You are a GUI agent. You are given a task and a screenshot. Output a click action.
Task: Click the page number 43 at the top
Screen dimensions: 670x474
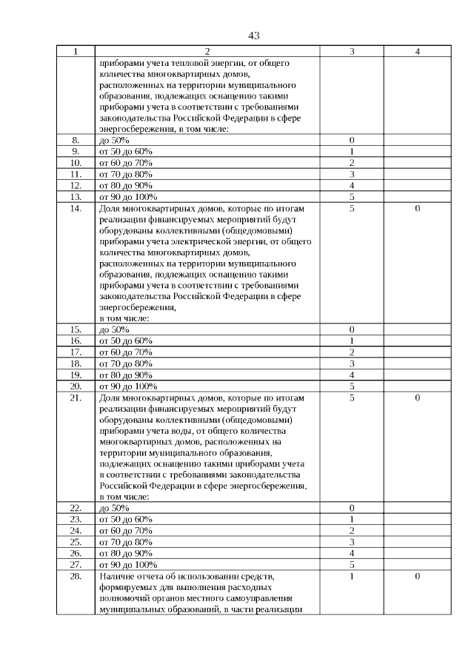254,36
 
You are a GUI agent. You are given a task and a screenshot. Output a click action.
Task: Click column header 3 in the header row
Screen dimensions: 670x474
352,52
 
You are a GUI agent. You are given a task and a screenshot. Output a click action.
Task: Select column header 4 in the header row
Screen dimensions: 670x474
418,52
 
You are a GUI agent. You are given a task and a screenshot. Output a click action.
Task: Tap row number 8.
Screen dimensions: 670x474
76,140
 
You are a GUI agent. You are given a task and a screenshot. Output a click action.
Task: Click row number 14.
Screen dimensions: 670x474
76,209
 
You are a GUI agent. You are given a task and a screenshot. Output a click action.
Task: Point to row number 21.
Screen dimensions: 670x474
76,398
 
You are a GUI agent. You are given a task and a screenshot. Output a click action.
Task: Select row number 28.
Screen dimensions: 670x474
76,576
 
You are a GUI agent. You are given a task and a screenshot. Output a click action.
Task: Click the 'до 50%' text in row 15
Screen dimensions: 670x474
114,329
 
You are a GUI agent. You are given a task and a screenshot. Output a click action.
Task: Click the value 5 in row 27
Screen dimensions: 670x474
352,564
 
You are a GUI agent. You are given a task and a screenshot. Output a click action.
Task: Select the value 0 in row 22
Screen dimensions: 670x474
352,508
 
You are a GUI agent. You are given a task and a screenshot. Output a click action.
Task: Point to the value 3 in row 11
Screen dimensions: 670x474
352,174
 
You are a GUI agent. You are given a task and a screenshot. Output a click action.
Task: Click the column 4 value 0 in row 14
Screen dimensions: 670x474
418,209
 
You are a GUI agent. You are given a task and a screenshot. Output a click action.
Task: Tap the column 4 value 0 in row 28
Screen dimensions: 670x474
418,576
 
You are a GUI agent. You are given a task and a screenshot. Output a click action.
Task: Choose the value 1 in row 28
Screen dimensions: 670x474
352,576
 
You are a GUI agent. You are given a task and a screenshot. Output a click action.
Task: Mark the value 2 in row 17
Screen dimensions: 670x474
352,352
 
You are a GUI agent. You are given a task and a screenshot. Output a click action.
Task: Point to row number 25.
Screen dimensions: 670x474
76,542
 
